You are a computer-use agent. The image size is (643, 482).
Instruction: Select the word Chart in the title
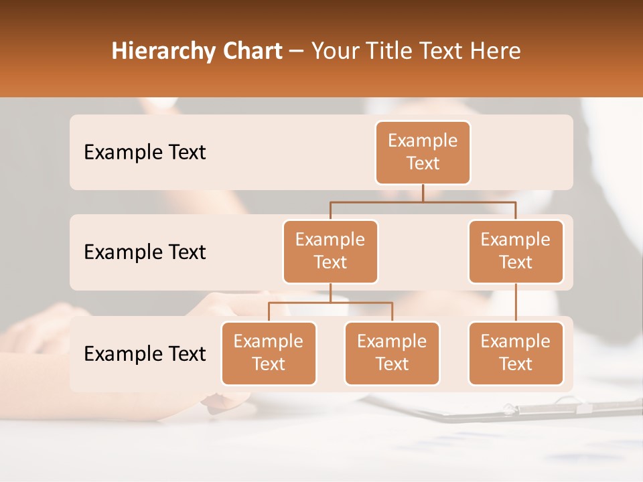(x=253, y=52)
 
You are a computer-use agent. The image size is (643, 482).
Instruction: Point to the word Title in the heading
(x=395, y=52)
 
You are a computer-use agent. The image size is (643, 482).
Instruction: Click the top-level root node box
(x=423, y=152)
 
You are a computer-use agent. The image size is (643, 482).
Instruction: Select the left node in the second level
(x=330, y=251)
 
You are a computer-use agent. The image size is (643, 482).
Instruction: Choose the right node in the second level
(x=516, y=251)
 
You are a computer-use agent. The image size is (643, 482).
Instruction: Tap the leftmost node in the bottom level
(x=269, y=353)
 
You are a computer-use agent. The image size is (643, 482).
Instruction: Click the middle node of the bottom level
(x=392, y=353)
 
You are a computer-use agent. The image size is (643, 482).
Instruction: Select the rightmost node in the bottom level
(x=516, y=353)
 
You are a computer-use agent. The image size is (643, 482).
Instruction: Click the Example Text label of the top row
(x=145, y=152)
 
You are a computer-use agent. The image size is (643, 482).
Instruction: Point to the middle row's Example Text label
(x=145, y=252)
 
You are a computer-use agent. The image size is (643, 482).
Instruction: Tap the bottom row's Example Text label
(x=145, y=353)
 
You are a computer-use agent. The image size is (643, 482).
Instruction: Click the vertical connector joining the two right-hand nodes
(x=516, y=302)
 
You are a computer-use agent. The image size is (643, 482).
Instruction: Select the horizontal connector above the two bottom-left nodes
(x=330, y=303)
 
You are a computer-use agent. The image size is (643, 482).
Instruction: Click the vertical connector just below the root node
(x=423, y=193)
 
